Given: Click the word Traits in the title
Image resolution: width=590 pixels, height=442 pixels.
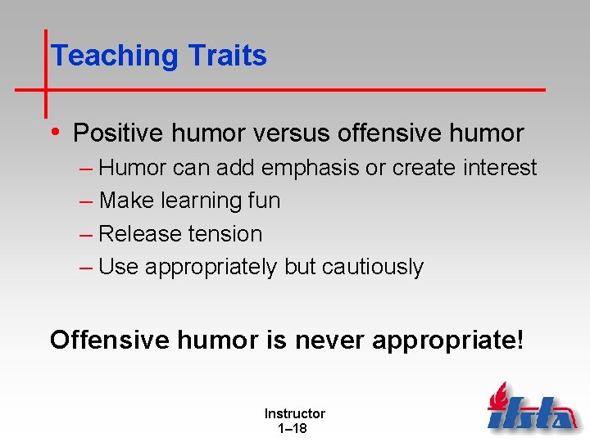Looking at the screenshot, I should pyautogui.click(x=227, y=56).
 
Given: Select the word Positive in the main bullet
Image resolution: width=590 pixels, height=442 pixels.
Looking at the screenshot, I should pyautogui.click(x=122, y=133).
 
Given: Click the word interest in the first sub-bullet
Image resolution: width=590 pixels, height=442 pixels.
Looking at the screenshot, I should pyautogui.click(x=499, y=168).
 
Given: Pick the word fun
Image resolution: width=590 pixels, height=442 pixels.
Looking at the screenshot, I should pyautogui.click(x=262, y=201).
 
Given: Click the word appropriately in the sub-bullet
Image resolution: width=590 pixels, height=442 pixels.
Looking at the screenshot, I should pyautogui.click(x=211, y=268).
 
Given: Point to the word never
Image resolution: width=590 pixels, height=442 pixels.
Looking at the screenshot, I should pyautogui.click(x=328, y=340).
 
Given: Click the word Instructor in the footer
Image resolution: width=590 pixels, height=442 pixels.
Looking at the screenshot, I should pyautogui.click(x=294, y=414).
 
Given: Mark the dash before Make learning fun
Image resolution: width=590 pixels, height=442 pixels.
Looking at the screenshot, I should pyautogui.click(x=87, y=201).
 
